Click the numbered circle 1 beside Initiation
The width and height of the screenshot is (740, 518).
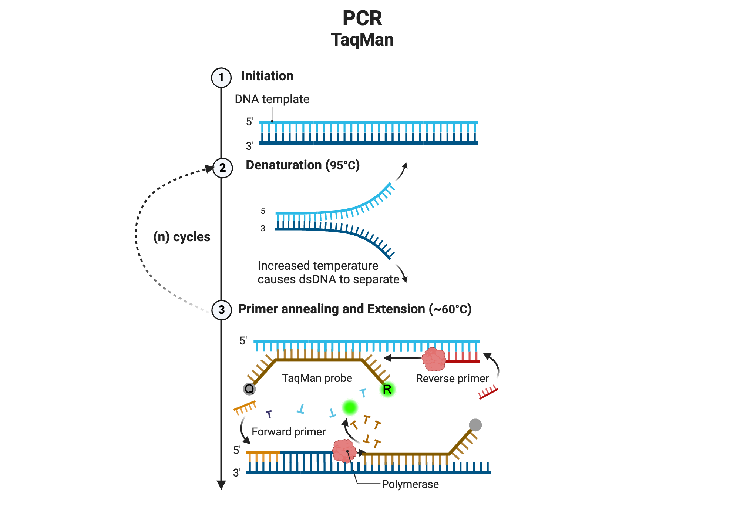[x=221, y=78]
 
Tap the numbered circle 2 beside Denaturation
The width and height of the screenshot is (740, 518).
[x=222, y=168]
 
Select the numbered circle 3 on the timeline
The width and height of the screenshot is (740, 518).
[x=221, y=310]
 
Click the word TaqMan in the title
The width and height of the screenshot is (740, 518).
[x=362, y=40]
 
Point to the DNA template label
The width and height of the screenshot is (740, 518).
[x=272, y=99]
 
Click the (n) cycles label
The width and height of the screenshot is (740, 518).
[x=182, y=237]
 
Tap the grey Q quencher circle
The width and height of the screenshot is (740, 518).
[x=249, y=389]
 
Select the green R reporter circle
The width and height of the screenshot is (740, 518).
[x=387, y=389]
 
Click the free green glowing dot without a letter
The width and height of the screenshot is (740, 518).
[x=350, y=407]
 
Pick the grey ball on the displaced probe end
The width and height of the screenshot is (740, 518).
[x=475, y=425]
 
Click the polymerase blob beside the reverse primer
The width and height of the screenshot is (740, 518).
[x=434, y=359]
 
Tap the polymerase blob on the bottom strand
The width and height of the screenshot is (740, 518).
[x=344, y=451]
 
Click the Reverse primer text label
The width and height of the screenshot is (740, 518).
[x=452, y=379]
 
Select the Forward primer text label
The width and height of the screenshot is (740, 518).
[x=289, y=432]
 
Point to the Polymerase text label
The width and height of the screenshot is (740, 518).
[x=410, y=484]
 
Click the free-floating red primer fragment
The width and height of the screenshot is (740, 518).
[x=488, y=393]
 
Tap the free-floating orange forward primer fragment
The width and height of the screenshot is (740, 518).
[x=245, y=408]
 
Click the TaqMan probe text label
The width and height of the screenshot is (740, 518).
[x=317, y=378]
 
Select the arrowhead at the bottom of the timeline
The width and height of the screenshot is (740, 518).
[x=221, y=485]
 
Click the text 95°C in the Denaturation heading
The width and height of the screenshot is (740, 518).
[x=343, y=165]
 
